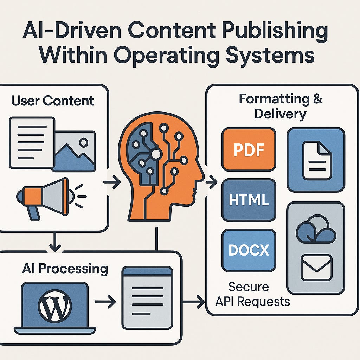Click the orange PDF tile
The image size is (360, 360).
pyautogui.click(x=249, y=149)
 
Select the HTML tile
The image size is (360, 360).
pyautogui.click(x=249, y=200)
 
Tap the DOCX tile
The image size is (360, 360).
pyautogui.click(x=249, y=250)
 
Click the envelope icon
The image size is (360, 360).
pyautogui.click(x=316, y=268)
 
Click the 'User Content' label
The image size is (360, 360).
pyautogui.click(x=53, y=101)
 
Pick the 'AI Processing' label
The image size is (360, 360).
pyautogui.click(x=65, y=269)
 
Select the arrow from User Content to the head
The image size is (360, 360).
pyautogui.click(x=112, y=182)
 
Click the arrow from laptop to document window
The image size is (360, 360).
pyautogui.click(x=105, y=301)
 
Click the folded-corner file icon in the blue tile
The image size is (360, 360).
pyautogui.click(x=317, y=160)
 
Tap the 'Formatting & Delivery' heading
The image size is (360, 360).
pyautogui.click(x=280, y=106)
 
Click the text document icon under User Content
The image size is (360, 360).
pyautogui.click(x=32, y=142)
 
